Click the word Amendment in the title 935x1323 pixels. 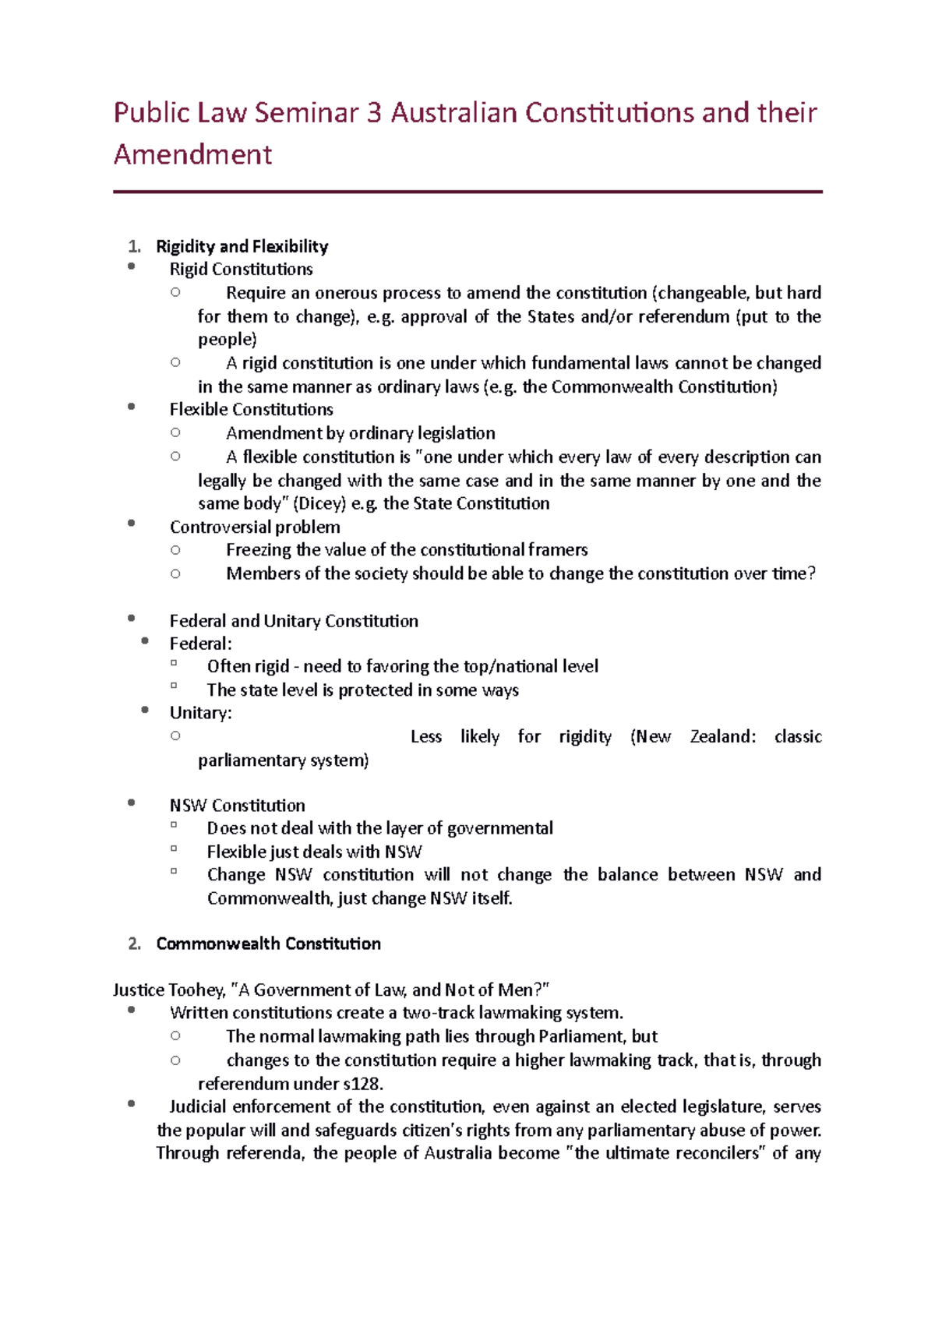click(x=192, y=154)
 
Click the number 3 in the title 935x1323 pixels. click(x=374, y=113)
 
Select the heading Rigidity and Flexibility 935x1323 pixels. click(x=242, y=247)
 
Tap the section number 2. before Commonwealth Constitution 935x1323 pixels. click(x=134, y=944)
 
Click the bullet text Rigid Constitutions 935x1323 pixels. click(x=241, y=270)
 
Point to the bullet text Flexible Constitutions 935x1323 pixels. click(x=251, y=410)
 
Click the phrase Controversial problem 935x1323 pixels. click(x=255, y=527)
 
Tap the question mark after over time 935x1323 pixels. click(x=811, y=574)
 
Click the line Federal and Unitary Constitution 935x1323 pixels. click(x=294, y=621)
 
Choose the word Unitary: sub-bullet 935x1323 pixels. click(x=200, y=713)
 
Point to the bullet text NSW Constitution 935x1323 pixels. click(x=237, y=806)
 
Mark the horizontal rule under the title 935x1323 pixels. click(x=467, y=192)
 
